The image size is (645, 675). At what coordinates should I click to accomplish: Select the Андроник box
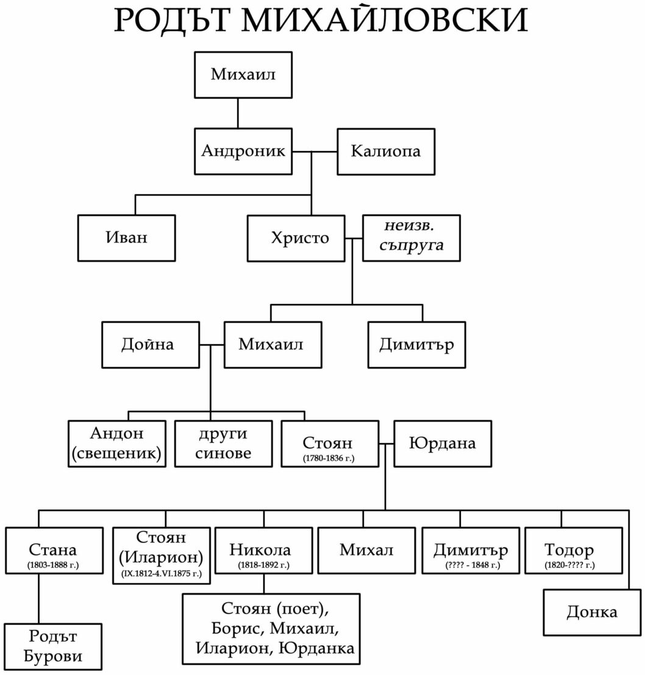click(243, 151)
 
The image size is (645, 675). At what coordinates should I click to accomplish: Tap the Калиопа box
click(386, 151)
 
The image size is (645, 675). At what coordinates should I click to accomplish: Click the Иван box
click(126, 238)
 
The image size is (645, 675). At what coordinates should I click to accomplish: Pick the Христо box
click(296, 238)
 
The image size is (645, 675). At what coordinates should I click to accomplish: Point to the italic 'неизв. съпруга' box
click(412, 238)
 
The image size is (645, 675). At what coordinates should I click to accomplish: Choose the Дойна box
click(150, 345)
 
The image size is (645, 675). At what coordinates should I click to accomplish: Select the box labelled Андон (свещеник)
click(117, 444)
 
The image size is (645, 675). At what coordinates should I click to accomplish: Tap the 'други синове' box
click(223, 444)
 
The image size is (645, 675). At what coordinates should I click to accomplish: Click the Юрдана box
click(443, 443)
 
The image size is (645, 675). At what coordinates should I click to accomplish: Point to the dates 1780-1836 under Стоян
click(329, 457)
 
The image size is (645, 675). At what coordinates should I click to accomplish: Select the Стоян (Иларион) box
click(162, 556)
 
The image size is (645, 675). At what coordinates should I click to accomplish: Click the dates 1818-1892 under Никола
click(263, 566)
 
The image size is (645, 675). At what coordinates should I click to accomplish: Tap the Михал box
click(366, 550)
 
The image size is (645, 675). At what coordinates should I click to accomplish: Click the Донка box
click(592, 612)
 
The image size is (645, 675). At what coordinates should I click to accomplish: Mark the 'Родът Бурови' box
click(52, 646)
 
